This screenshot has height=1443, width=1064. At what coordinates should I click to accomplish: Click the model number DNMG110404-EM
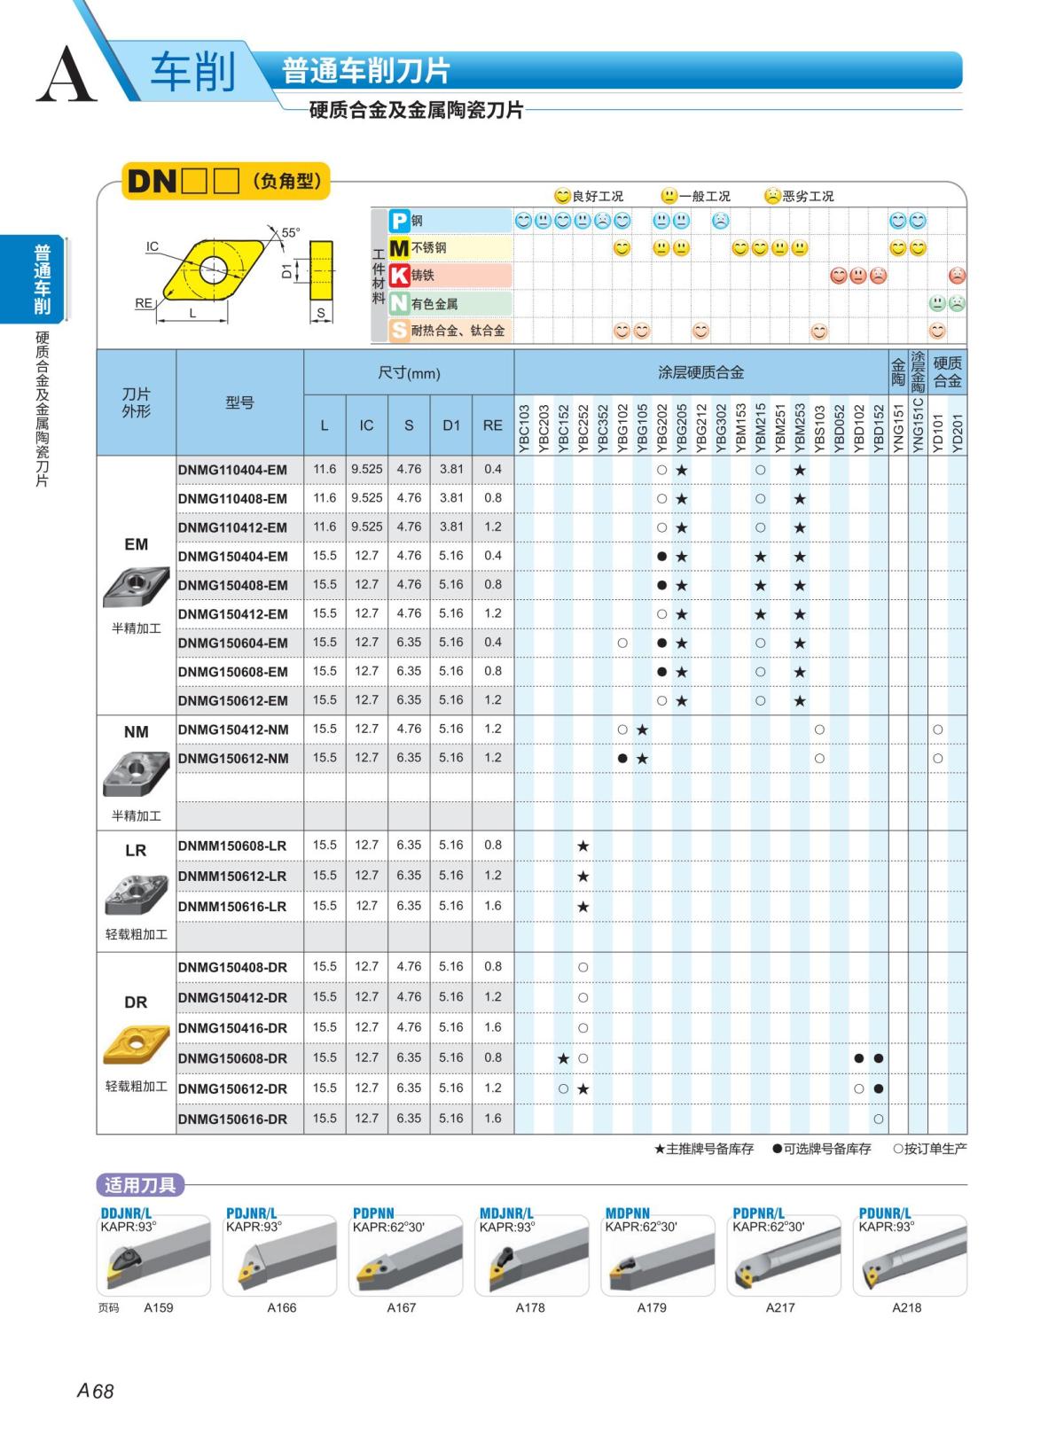click(x=232, y=470)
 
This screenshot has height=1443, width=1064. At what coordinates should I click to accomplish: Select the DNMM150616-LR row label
click(x=232, y=906)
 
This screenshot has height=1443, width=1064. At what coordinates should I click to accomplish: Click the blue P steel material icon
click(x=400, y=221)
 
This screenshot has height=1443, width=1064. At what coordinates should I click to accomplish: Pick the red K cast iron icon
click(x=400, y=276)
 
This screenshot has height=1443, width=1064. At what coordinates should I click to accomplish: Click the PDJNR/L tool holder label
click(x=252, y=1213)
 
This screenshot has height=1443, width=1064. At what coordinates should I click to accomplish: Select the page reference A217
click(x=780, y=1307)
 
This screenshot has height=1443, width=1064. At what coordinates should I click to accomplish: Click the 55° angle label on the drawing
click(x=290, y=232)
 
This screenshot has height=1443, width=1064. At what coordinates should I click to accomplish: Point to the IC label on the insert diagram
click(x=153, y=246)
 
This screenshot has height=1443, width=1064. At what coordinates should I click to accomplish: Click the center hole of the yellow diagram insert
click(x=211, y=266)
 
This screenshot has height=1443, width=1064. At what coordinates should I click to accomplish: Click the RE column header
click(x=492, y=425)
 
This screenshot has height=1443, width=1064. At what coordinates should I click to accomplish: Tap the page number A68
click(x=96, y=1391)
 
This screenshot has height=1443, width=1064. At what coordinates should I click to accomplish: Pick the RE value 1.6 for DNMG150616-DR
click(x=492, y=1119)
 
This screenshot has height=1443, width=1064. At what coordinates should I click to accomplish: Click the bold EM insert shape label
click(x=136, y=544)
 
